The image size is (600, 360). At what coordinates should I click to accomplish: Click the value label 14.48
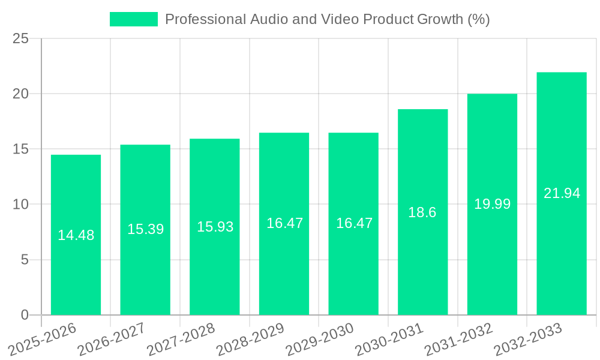(x=76, y=235)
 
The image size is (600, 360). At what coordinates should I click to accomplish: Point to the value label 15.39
(x=145, y=229)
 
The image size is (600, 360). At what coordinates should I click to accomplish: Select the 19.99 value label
(x=492, y=204)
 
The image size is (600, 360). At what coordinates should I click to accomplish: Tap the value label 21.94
(x=562, y=193)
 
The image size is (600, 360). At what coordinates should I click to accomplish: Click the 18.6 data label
(x=422, y=212)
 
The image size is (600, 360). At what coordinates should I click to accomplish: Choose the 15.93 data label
(x=215, y=227)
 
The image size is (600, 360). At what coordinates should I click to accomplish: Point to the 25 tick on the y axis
(x=20, y=39)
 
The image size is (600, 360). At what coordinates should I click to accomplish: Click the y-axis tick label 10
(x=20, y=205)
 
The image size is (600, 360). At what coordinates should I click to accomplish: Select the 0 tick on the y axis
(x=25, y=315)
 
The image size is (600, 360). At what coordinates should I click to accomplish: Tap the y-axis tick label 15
(x=20, y=149)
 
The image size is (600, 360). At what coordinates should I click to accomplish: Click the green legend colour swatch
(x=133, y=19)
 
